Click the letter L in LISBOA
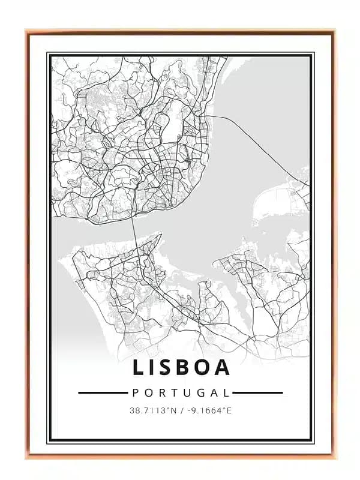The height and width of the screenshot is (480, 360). coord(139,367)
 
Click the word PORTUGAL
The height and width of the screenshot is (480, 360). coord(180,393)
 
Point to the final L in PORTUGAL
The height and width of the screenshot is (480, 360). coord(226,393)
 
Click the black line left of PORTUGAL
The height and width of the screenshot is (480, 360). coord(103,393)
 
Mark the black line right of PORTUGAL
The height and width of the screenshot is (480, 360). coord(257,393)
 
